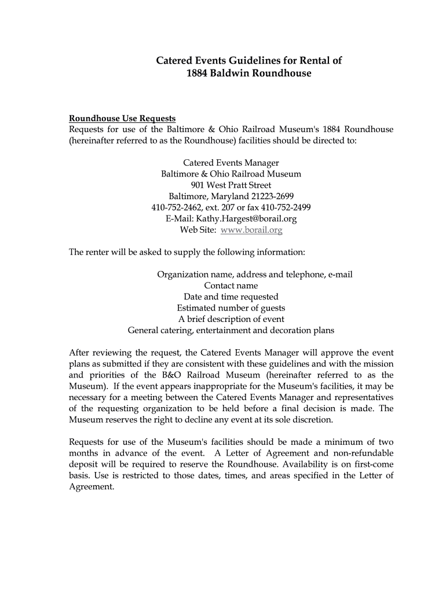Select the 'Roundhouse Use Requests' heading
[x=122, y=119]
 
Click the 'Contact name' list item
[x=231, y=285]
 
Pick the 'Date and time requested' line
[x=231, y=296]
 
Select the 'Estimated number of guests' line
[x=231, y=308]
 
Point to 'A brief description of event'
[x=231, y=319]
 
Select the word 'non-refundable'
[x=363, y=453]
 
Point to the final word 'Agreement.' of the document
[x=92, y=486]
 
